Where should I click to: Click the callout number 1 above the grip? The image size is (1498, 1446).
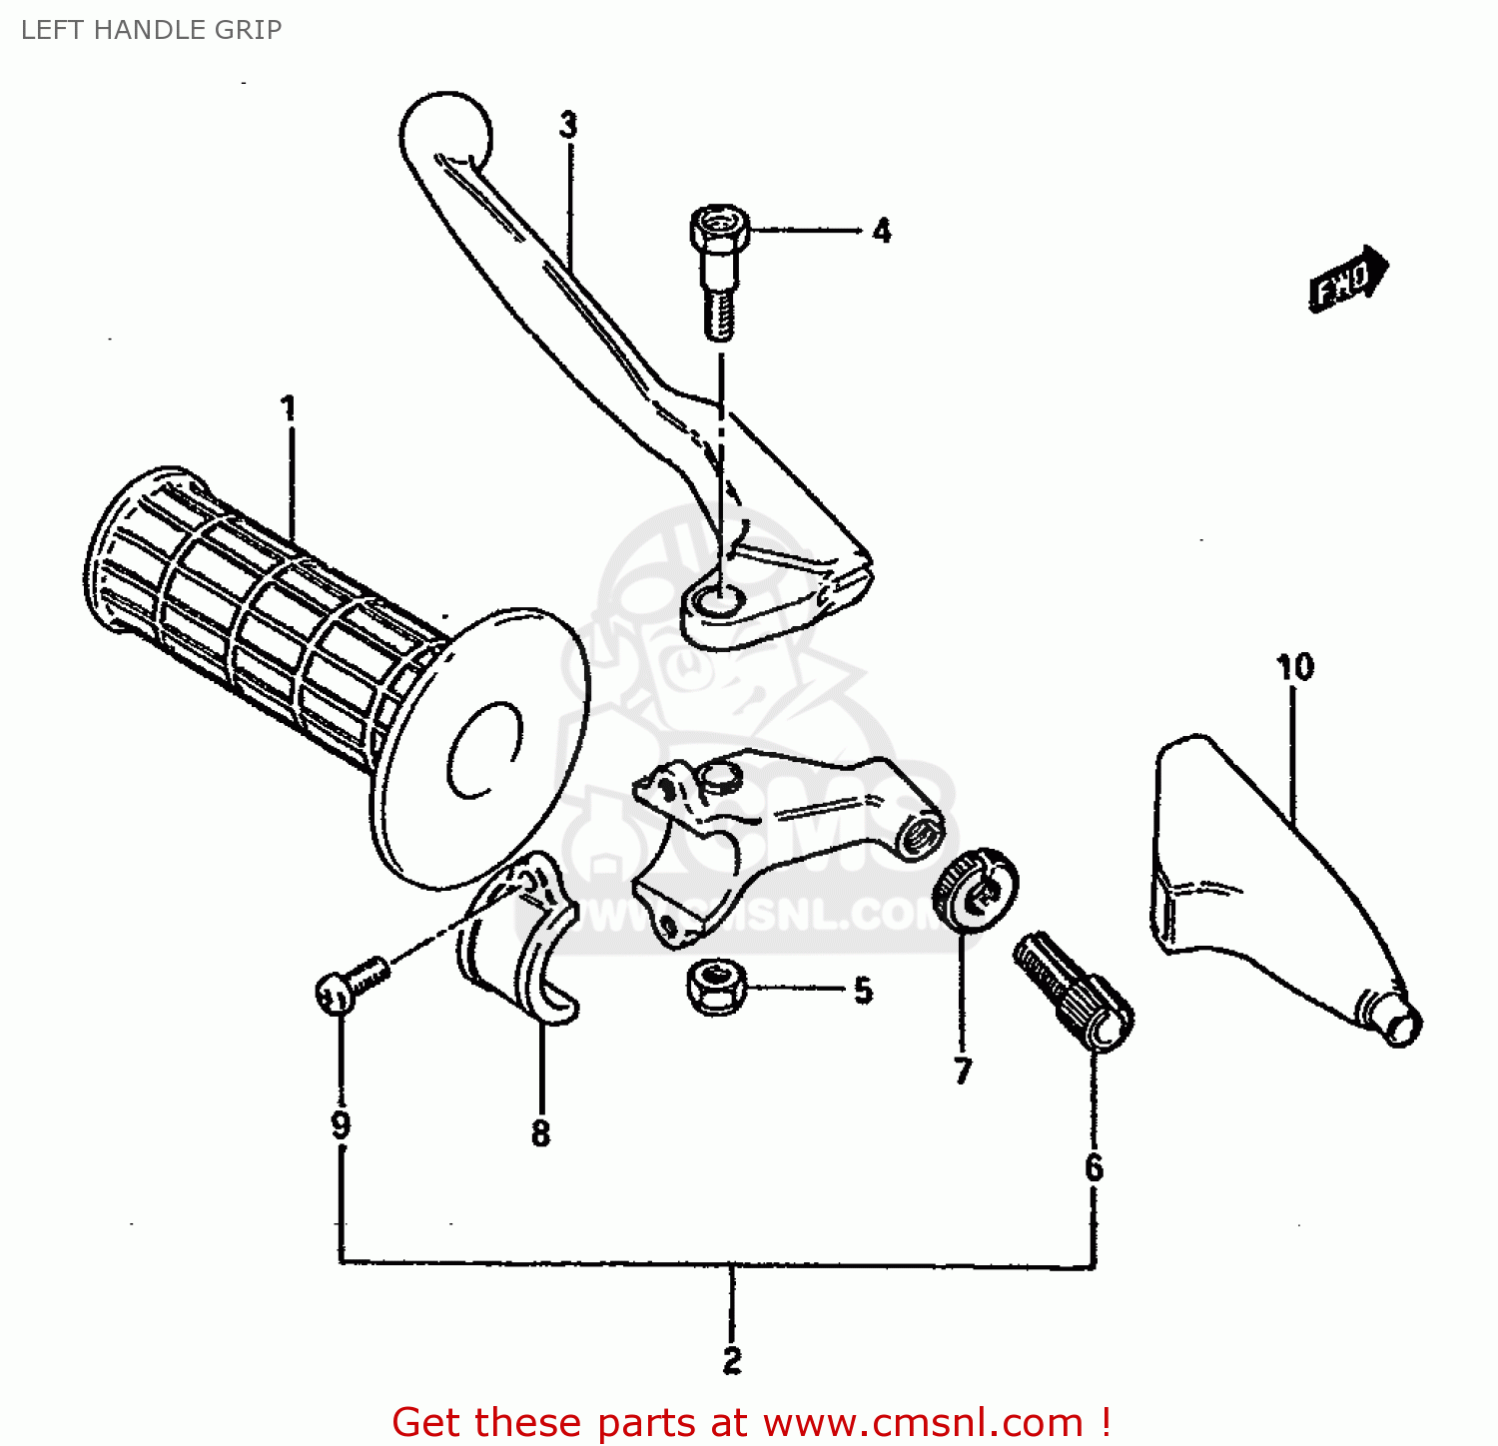click(289, 407)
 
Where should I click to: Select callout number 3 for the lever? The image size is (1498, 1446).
click(568, 126)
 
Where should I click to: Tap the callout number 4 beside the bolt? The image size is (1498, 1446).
click(881, 231)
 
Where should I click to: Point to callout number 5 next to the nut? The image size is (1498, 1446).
click(864, 991)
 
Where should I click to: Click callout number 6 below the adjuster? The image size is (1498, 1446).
click(1094, 1167)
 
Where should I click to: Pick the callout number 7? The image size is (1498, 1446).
click(963, 1071)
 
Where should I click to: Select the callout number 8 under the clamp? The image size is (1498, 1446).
click(540, 1133)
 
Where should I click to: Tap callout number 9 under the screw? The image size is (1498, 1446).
click(341, 1125)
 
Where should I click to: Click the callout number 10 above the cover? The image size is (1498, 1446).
click(1295, 667)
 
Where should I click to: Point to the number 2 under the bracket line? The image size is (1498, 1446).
click(732, 1360)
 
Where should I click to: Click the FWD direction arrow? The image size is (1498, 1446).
click(1347, 280)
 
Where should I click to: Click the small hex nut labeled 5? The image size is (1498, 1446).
click(716, 986)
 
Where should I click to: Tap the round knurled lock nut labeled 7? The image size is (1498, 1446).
click(975, 888)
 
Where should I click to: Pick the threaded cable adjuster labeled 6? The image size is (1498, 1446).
click(1074, 993)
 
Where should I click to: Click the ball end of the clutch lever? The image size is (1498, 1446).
click(445, 134)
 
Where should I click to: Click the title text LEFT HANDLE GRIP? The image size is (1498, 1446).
click(152, 30)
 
